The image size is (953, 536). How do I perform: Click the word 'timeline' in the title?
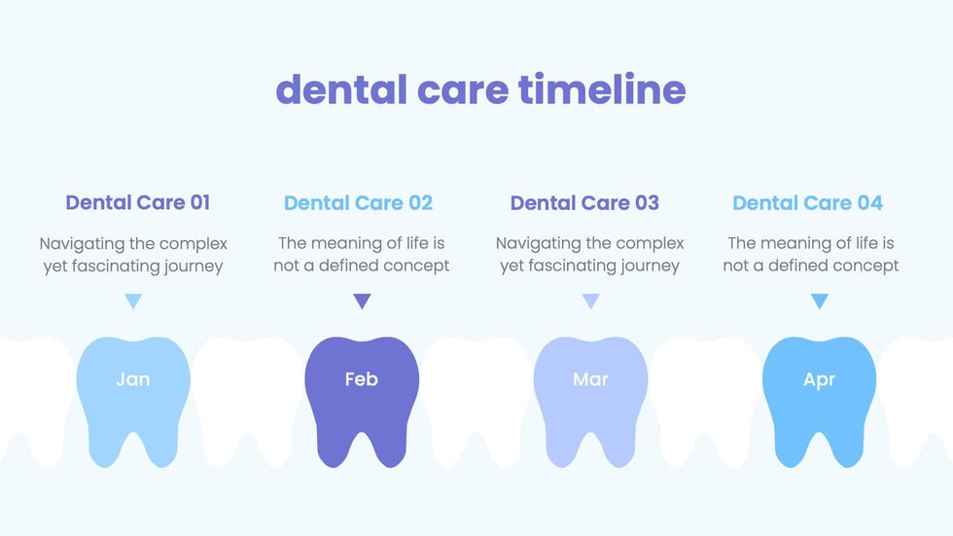(x=602, y=89)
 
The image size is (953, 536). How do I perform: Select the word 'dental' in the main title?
(x=341, y=89)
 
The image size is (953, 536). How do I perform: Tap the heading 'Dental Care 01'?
(x=138, y=202)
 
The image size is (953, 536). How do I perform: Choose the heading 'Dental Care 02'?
(x=358, y=203)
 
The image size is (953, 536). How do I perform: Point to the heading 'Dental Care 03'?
(x=584, y=203)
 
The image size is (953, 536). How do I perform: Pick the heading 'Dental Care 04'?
(x=807, y=203)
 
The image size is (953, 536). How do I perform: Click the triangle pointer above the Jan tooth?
(x=133, y=301)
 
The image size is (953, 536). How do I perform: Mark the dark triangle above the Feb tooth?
(x=362, y=301)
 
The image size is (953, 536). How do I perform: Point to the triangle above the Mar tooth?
(x=591, y=301)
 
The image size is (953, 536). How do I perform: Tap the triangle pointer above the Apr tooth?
(x=820, y=301)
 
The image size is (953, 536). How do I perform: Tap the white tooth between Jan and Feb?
(x=247, y=401)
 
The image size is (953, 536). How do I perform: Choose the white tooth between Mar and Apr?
(x=705, y=401)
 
